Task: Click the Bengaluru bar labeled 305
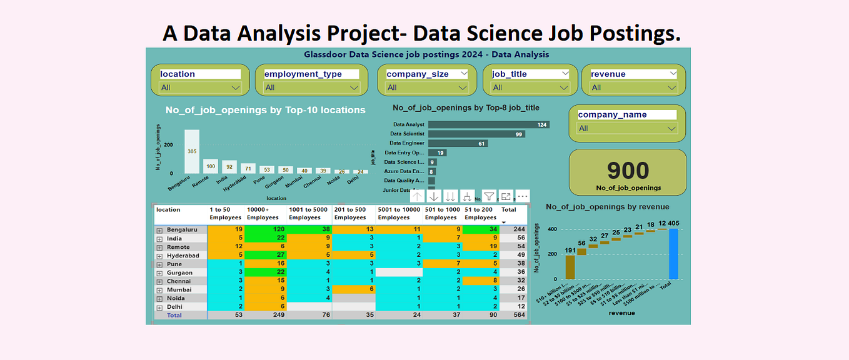191,151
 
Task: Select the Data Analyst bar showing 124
488,125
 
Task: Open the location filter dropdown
200,87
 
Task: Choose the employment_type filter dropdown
311,87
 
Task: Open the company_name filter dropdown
627,129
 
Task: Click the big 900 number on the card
628,171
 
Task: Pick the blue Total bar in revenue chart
673,254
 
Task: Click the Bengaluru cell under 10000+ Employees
266,230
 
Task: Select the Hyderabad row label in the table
183,256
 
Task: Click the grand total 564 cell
519,316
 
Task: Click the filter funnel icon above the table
489,196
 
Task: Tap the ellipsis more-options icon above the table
523,196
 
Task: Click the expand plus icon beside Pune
159,264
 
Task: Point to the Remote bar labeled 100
211,166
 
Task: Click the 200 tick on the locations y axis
168,145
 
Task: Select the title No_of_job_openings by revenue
607,207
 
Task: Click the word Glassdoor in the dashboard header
326,54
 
